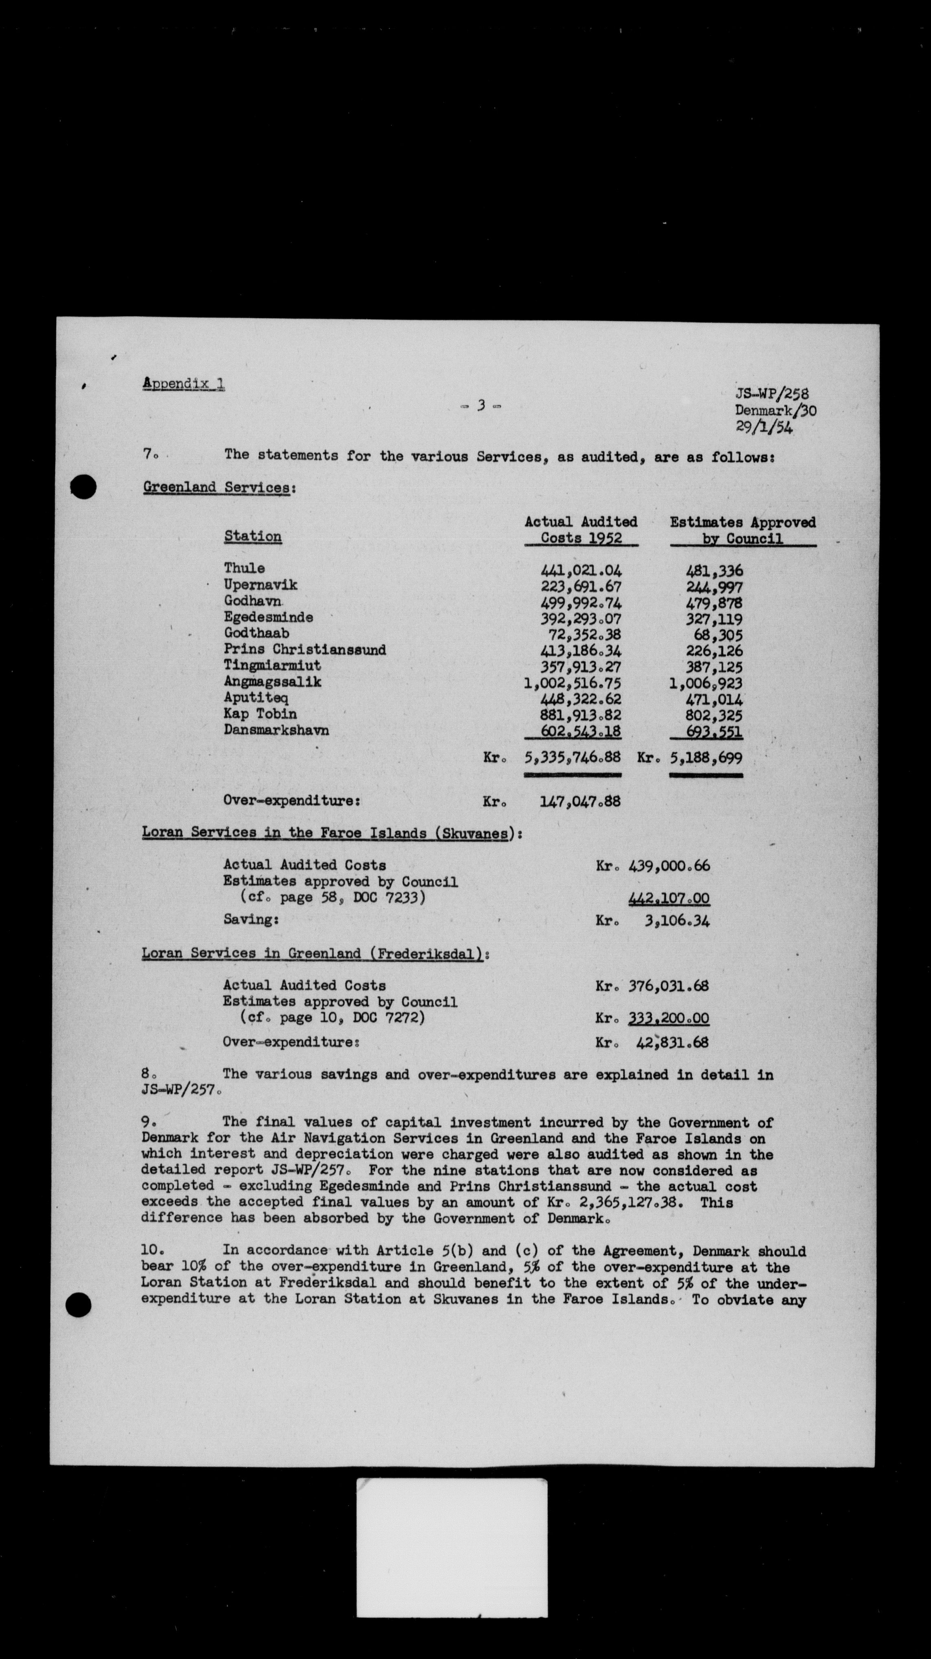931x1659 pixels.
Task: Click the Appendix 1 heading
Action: pyautogui.click(x=184, y=384)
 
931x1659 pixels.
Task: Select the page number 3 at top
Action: pyautogui.click(x=481, y=406)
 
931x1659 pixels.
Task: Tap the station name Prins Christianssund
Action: pyautogui.click(x=305, y=649)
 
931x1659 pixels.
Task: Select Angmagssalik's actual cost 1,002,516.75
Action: pyautogui.click(x=573, y=683)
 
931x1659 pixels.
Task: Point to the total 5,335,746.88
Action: pyautogui.click(x=573, y=758)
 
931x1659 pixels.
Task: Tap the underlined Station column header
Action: pyautogui.click(x=253, y=536)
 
